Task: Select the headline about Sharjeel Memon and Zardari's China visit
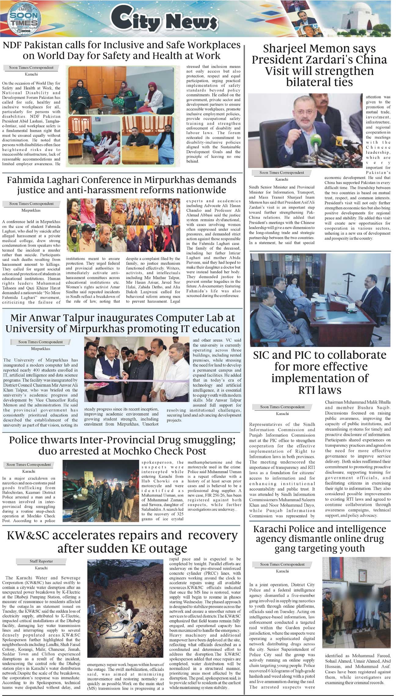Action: [x=319, y=65]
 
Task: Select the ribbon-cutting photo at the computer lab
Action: [x=137, y=369]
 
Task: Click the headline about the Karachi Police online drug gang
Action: [x=320, y=539]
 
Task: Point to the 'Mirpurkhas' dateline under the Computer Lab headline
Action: [x=41, y=348]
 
